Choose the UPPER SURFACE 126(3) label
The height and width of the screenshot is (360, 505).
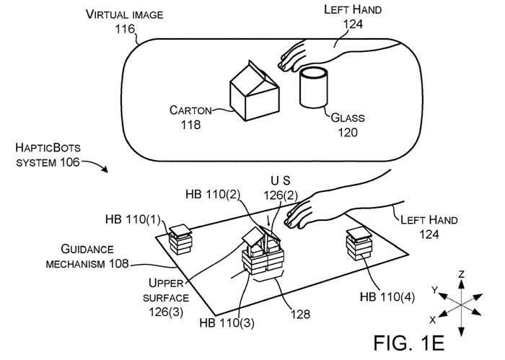[x=169, y=297]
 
